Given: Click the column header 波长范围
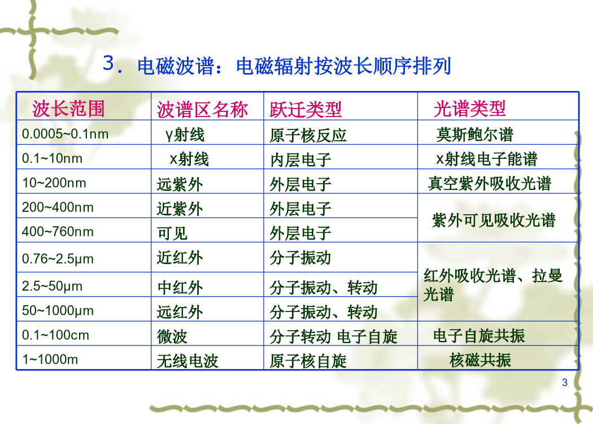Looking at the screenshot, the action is point(68,109).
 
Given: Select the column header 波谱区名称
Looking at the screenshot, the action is point(202,110).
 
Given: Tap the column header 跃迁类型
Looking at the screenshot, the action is point(306,110).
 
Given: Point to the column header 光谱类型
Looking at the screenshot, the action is point(469,109).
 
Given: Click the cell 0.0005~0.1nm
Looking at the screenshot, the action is point(65,133).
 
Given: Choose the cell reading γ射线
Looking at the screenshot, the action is point(185,135).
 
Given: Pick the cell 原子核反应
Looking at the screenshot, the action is point(308,135).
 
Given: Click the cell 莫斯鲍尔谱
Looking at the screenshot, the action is point(474,135).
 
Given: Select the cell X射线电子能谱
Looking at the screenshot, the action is point(487,159).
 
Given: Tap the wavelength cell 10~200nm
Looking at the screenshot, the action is point(54,183).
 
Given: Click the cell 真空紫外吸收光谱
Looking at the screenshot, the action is point(490,183).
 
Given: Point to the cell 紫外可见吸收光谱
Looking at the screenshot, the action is point(494,220).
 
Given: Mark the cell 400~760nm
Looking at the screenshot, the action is point(58,231).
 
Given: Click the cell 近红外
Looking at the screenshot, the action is point(180,258).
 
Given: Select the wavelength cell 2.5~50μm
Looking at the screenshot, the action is point(52,286).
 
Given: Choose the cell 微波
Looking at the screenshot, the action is point(172,336).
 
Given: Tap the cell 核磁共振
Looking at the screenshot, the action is point(480,360).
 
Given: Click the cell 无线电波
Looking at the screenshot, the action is point(187,361).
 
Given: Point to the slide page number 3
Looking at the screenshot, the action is point(565,382).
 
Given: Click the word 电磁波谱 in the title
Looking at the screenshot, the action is point(176,66).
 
